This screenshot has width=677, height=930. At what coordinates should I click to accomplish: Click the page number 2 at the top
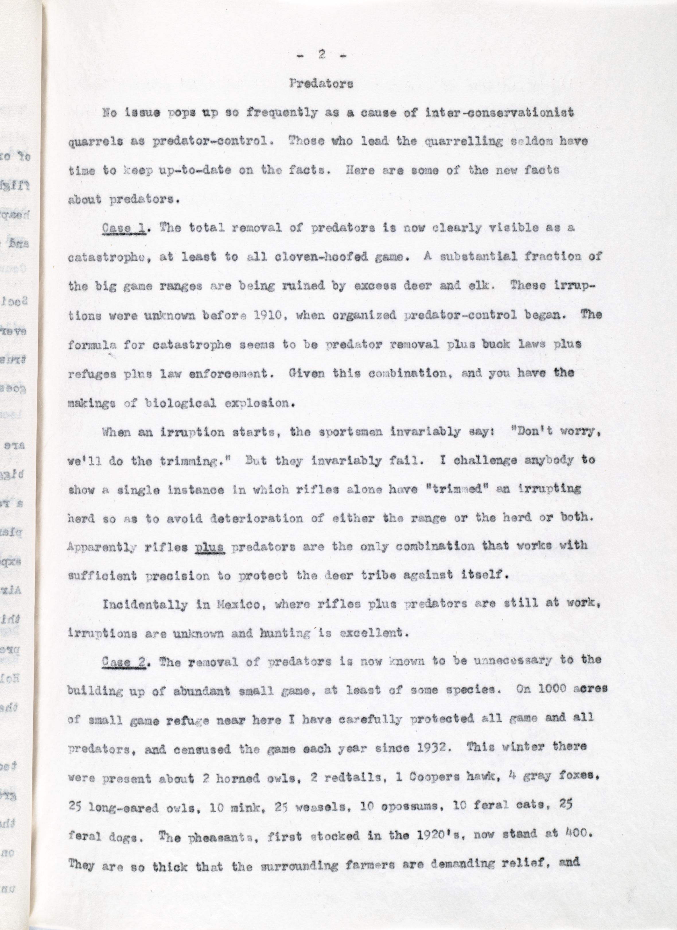coord(322,55)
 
